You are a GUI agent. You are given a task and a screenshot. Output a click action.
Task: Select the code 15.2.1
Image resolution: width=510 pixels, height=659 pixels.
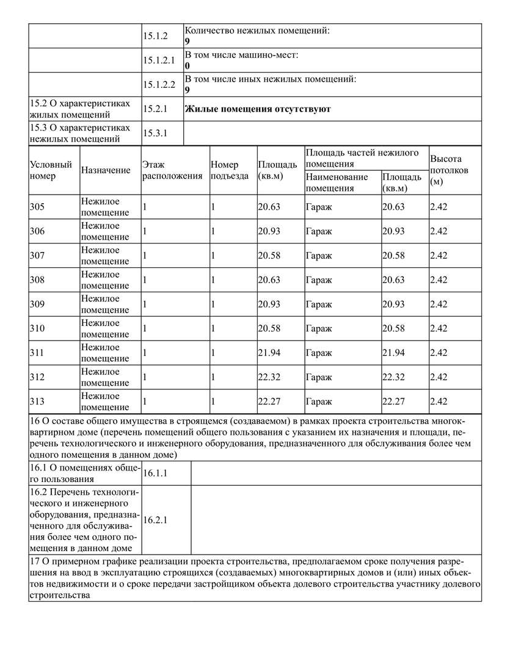pyautogui.click(x=155, y=109)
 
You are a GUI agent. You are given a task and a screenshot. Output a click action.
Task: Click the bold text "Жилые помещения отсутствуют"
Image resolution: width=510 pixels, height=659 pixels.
pyautogui.click(x=257, y=109)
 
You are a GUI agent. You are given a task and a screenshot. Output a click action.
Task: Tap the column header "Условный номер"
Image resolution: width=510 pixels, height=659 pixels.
pyautogui.click(x=51, y=170)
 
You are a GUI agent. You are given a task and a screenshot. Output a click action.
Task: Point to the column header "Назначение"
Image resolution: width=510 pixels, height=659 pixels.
pyautogui.click(x=106, y=170)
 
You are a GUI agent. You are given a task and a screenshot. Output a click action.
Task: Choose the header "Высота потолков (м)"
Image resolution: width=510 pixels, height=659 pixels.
pyautogui.click(x=449, y=170)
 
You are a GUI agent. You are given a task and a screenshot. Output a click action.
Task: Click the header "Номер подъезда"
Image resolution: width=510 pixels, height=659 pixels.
pyautogui.click(x=229, y=170)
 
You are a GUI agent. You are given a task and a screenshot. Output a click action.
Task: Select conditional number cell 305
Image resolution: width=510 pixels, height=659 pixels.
pyautogui.click(x=37, y=207)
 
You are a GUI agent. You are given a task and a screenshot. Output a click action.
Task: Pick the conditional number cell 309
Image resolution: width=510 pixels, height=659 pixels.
pyautogui.click(x=37, y=304)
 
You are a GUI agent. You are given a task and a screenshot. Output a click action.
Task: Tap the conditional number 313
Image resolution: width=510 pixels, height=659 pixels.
pyautogui.click(x=37, y=402)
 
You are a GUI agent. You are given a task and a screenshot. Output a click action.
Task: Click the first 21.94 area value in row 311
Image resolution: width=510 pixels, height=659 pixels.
pyautogui.click(x=269, y=353)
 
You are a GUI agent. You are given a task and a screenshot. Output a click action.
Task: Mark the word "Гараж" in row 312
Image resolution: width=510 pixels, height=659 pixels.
pyautogui.click(x=319, y=377)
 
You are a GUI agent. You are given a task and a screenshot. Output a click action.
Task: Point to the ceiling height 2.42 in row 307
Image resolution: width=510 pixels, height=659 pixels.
pyautogui.click(x=439, y=256)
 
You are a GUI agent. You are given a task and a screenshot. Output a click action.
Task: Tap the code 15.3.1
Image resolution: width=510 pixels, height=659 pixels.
pyautogui.click(x=155, y=133)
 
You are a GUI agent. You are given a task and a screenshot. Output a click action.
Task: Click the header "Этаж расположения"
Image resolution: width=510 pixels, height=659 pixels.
pyautogui.click(x=172, y=170)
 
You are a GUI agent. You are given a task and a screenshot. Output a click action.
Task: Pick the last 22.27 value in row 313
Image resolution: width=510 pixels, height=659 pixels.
pyautogui.click(x=393, y=402)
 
